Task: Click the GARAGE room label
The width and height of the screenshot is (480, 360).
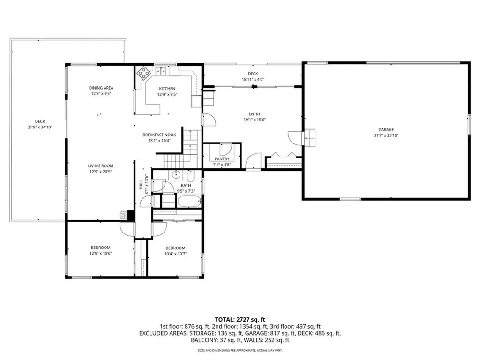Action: click(x=386, y=130)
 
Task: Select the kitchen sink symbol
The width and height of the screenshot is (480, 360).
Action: click(x=162, y=71)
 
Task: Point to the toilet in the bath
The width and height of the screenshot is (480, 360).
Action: click(x=190, y=177)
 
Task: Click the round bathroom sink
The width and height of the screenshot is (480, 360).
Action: click(x=176, y=175)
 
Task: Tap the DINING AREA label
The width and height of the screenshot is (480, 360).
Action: click(x=101, y=88)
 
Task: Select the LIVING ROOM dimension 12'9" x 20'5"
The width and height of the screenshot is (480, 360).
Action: click(x=101, y=172)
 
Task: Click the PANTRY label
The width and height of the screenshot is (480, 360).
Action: click(x=222, y=159)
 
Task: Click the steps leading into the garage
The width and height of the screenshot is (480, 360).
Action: click(x=310, y=136)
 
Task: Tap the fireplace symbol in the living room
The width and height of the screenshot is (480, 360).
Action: click(x=123, y=215)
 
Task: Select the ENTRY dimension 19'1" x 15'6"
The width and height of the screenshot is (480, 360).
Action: click(x=255, y=120)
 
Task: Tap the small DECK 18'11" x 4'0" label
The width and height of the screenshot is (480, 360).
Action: click(x=253, y=79)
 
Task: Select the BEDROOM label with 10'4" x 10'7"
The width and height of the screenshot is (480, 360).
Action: click(x=175, y=248)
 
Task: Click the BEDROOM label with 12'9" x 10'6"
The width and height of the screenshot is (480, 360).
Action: click(x=101, y=247)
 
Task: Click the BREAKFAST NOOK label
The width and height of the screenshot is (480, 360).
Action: click(x=159, y=135)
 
